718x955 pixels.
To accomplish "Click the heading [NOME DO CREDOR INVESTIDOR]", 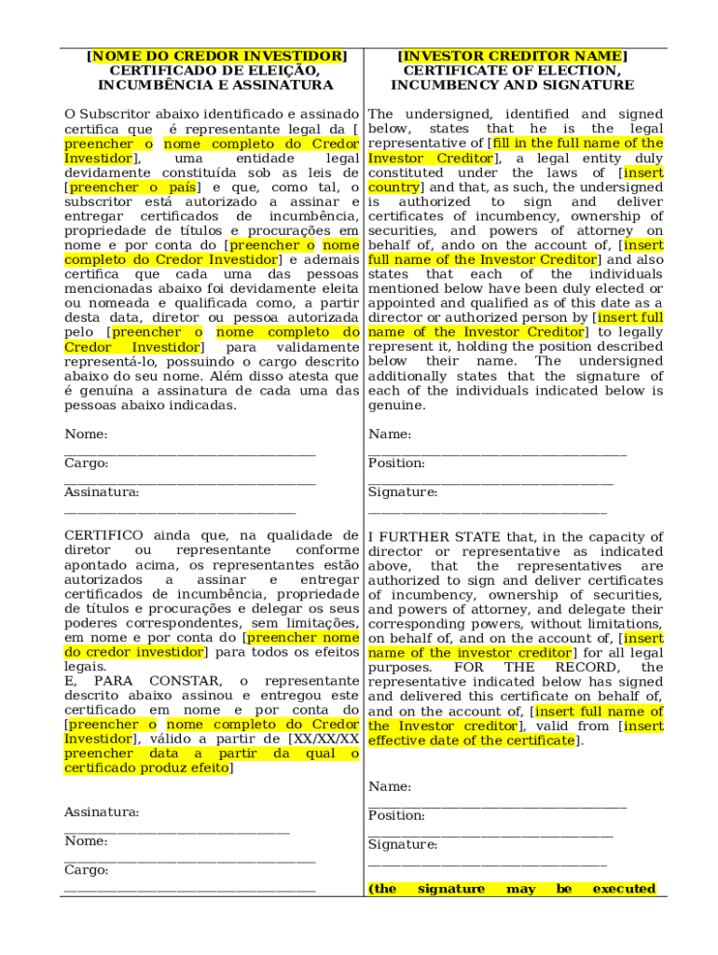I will coord(215,56).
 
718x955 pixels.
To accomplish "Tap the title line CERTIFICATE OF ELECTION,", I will coord(512,71).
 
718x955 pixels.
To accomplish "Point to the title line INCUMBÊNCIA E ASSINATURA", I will coord(215,85).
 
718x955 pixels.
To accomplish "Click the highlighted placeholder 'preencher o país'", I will coord(131,187).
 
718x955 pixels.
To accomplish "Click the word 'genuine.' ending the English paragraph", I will coord(397,406).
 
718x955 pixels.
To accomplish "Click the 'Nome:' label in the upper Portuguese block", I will coord(86,435).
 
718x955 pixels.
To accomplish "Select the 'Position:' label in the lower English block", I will coord(396,816).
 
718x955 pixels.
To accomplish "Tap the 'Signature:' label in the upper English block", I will coord(402,492).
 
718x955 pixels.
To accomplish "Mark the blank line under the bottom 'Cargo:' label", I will coord(189,892).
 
